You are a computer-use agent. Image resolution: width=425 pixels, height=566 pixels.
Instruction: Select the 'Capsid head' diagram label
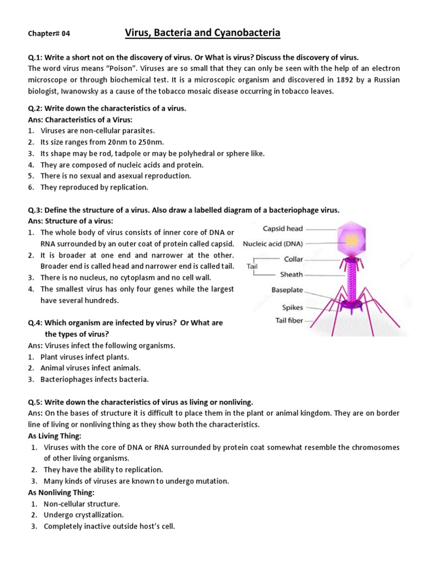coord(283,228)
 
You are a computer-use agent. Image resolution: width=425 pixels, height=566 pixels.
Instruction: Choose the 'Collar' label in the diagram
coord(293,259)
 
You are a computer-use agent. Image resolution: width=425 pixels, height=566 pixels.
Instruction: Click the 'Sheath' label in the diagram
coord(292,274)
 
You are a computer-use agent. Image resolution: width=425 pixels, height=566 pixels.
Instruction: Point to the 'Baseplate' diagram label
coord(287,290)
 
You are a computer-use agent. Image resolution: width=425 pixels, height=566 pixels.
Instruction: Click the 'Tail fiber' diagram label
coord(289,321)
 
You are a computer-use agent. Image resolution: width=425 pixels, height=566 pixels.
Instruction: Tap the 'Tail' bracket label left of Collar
coord(252,266)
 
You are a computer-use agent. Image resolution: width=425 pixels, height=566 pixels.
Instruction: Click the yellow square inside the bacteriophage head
coord(352,239)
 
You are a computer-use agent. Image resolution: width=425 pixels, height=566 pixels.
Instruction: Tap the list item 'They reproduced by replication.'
coord(94,187)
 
